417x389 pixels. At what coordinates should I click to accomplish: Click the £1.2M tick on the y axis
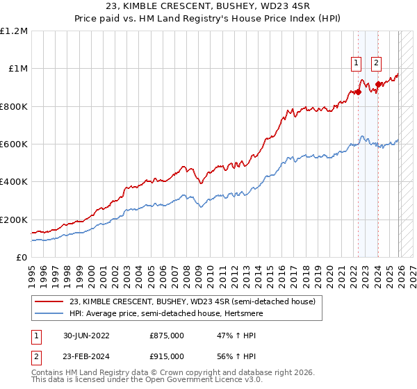[14, 31]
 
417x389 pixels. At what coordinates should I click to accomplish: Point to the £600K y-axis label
[14, 144]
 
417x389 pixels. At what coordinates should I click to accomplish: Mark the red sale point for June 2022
[359, 92]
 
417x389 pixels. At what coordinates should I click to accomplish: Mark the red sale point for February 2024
[378, 85]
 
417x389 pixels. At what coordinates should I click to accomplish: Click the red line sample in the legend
[50, 301]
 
